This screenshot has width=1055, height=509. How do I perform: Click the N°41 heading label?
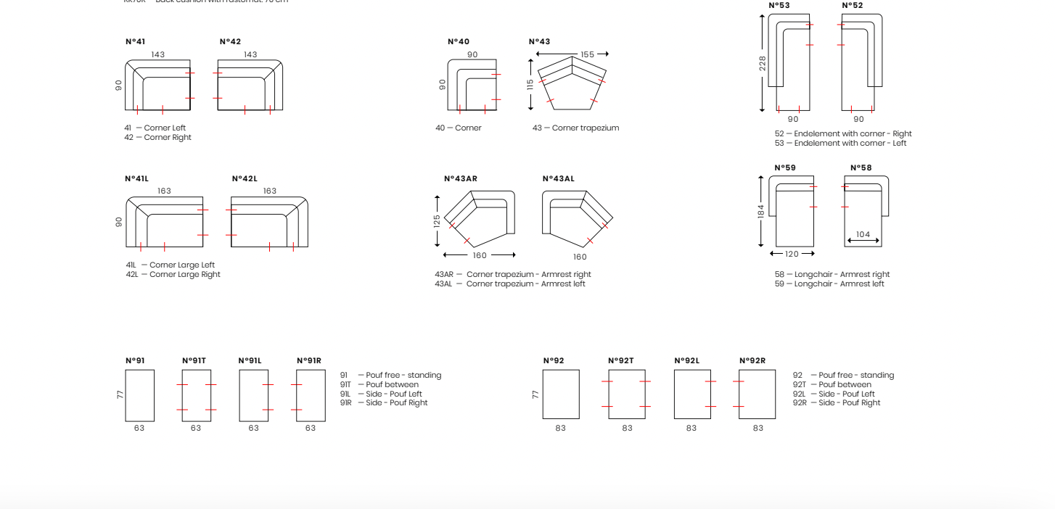point(135,42)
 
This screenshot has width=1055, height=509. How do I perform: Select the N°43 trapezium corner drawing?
point(572,84)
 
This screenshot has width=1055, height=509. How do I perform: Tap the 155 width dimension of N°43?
point(587,54)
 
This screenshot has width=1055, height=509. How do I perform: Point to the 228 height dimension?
point(763,64)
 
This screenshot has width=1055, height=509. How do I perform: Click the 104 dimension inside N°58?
point(863,234)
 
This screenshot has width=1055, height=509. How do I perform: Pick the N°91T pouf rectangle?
point(196,395)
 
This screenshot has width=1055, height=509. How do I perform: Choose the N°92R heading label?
point(752,361)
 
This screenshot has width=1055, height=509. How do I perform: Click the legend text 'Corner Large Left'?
point(182,265)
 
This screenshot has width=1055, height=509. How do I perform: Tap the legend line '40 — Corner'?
point(459,128)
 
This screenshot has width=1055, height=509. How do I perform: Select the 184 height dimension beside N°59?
point(761,211)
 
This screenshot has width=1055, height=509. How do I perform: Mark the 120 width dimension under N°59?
point(792,254)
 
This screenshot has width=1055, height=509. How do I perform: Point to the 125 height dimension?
point(437,220)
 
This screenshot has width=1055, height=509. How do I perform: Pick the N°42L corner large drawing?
point(269,222)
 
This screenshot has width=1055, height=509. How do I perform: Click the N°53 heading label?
point(779,6)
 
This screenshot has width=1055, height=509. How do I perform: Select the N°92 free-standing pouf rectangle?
point(561,394)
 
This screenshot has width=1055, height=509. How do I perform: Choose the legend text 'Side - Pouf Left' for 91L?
point(393,394)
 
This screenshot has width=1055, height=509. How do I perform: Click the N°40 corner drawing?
point(472,86)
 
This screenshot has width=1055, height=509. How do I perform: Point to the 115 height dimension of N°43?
point(530,83)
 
